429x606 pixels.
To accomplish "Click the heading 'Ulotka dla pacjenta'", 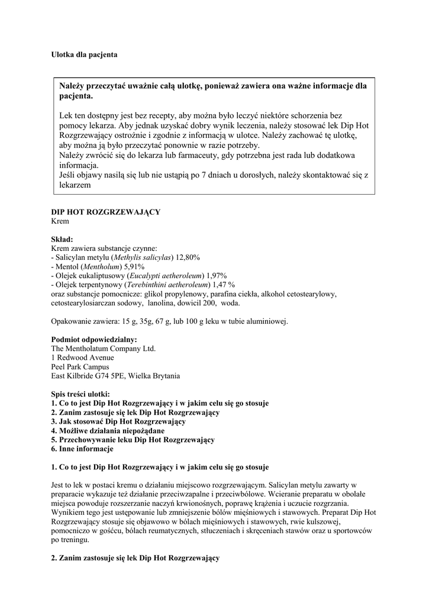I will point(84,54).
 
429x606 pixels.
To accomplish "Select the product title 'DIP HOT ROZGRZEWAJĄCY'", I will point(106,212).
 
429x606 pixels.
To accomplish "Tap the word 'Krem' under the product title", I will point(60,221).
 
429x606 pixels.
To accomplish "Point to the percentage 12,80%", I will point(187,257).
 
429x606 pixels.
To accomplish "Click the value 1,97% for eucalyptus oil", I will point(217,276).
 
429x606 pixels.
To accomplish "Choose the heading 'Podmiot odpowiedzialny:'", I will point(94,340).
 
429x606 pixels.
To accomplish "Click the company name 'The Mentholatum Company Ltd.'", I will point(104,349).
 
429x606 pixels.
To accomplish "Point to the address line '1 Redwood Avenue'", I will point(83,357).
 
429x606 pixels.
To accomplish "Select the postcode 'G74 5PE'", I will point(122,376).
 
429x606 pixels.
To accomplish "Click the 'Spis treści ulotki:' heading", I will point(80,394).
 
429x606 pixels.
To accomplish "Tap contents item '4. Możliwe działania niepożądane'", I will point(108,431).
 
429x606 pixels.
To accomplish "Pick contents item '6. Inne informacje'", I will point(82,449).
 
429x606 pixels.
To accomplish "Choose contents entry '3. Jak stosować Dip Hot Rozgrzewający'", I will point(118,421).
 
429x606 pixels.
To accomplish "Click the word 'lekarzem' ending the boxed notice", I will point(75,185).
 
